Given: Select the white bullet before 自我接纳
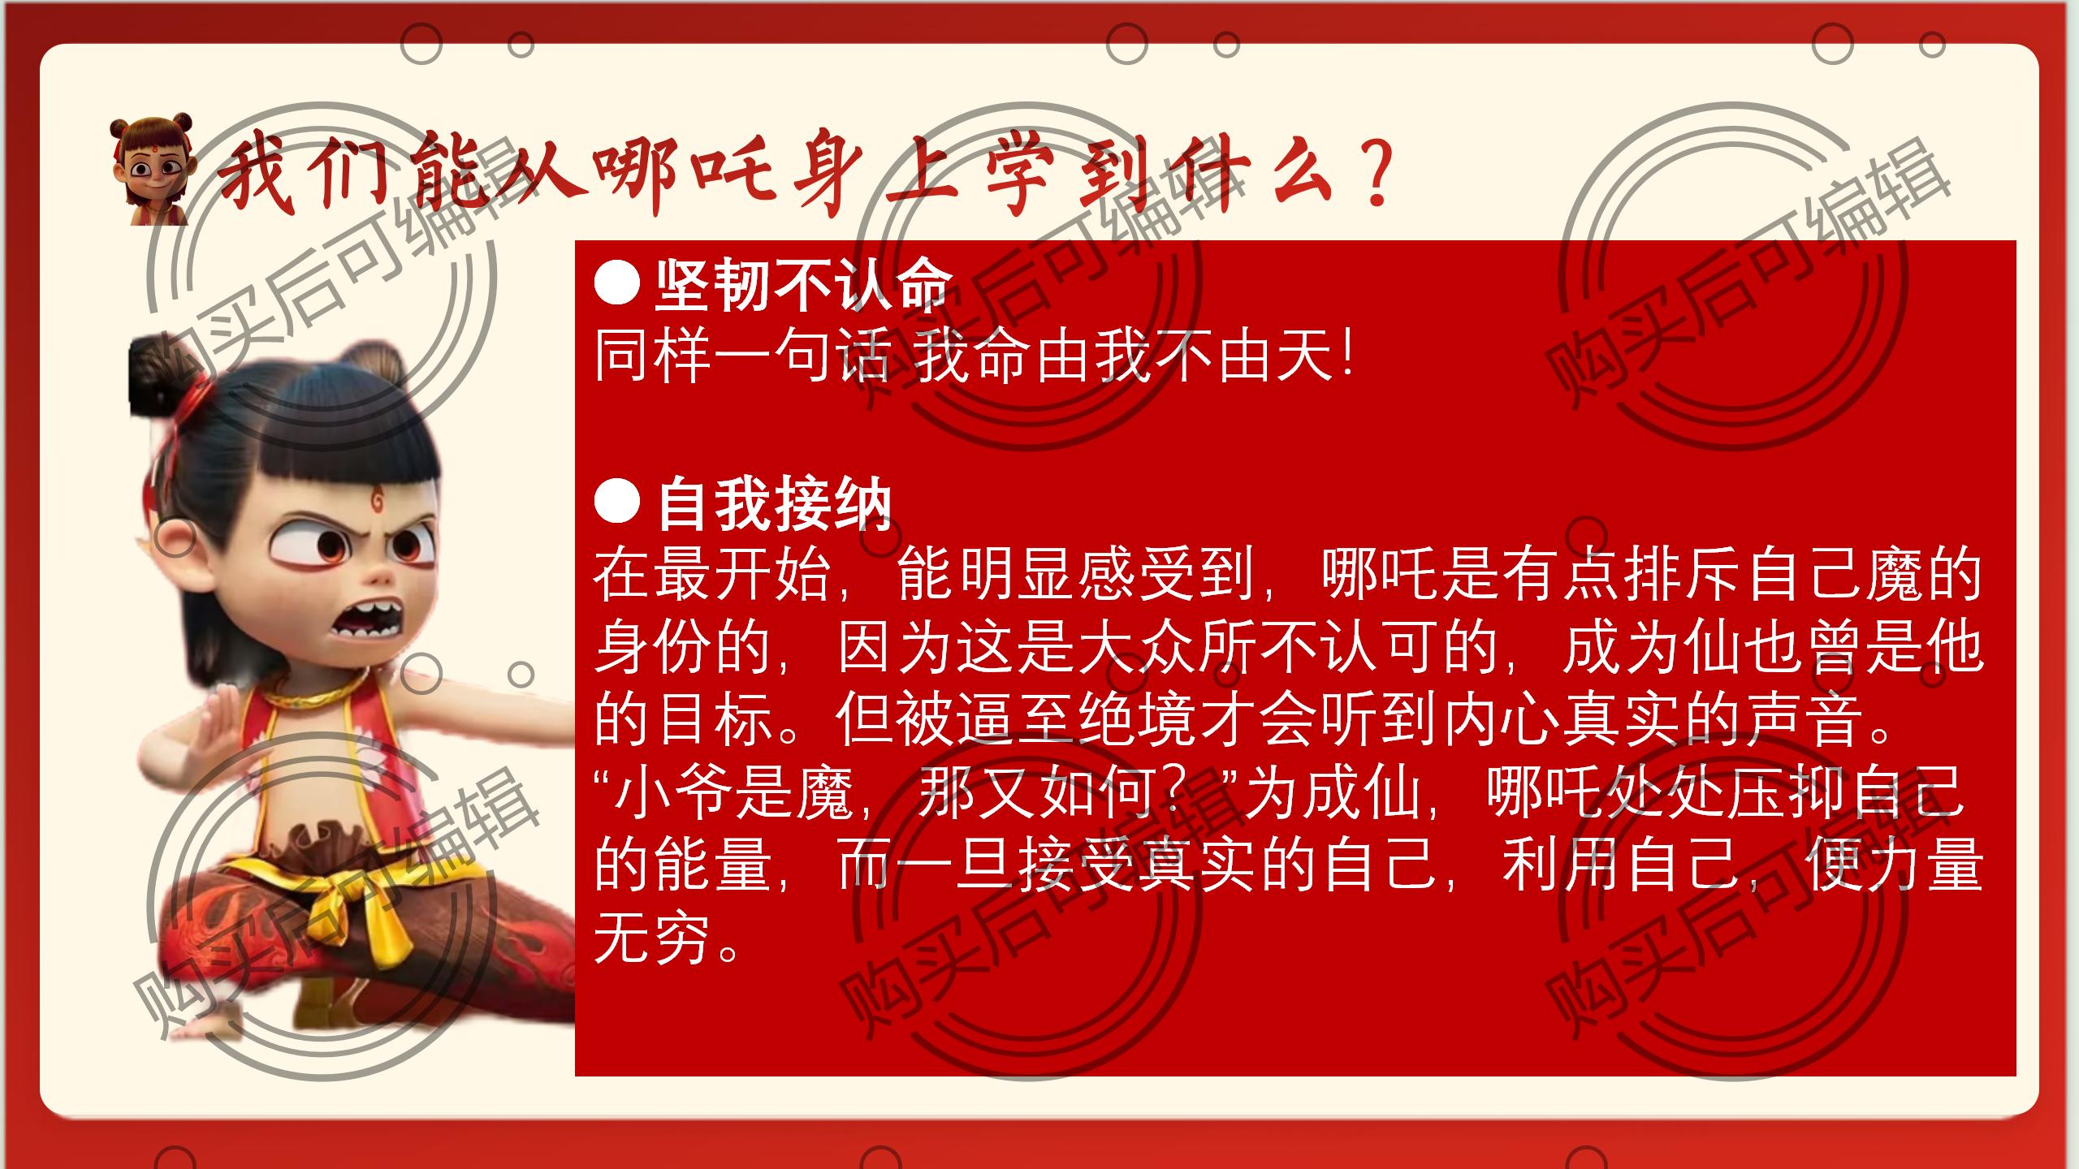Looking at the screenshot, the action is click(x=617, y=502).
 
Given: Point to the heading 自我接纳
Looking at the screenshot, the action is click(x=774, y=503).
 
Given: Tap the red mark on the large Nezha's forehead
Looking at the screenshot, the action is click(x=378, y=502).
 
